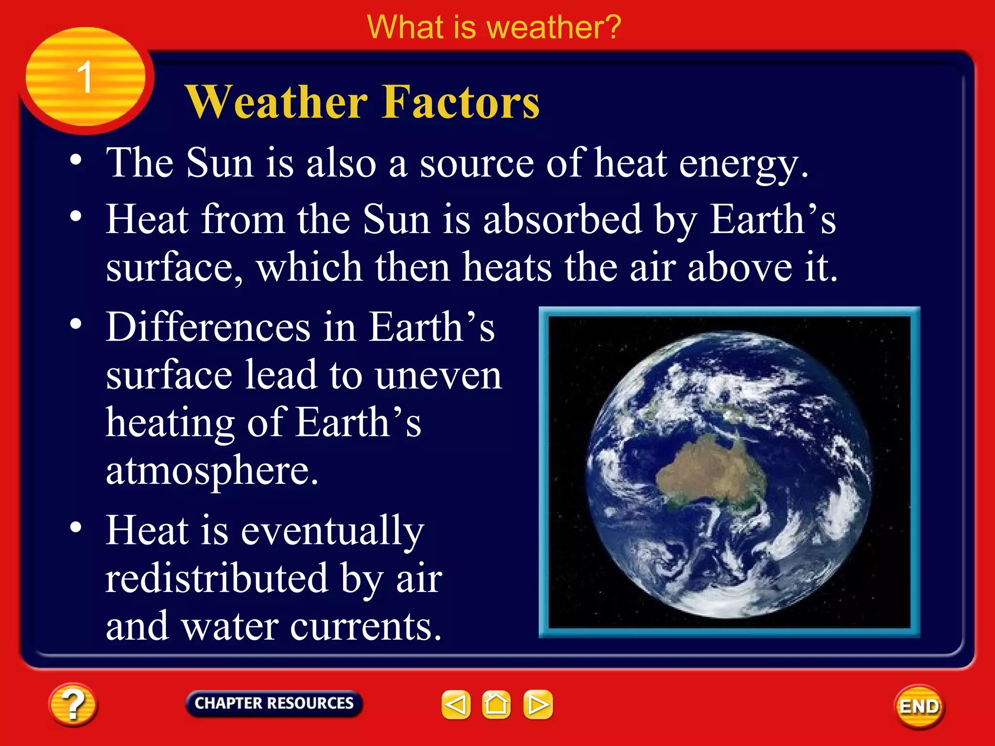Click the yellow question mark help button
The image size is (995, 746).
tap(73, 705)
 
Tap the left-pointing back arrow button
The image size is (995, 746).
tap(456, 704)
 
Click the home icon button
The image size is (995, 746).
tap(496, 704)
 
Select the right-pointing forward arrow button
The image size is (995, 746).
tap(538, 704)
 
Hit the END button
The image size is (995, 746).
tap(919, 706)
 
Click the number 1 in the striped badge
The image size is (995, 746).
tap(85, 77)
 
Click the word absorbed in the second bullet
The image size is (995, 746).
tap(563, 220)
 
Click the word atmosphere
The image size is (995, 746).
tap(212, 471)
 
